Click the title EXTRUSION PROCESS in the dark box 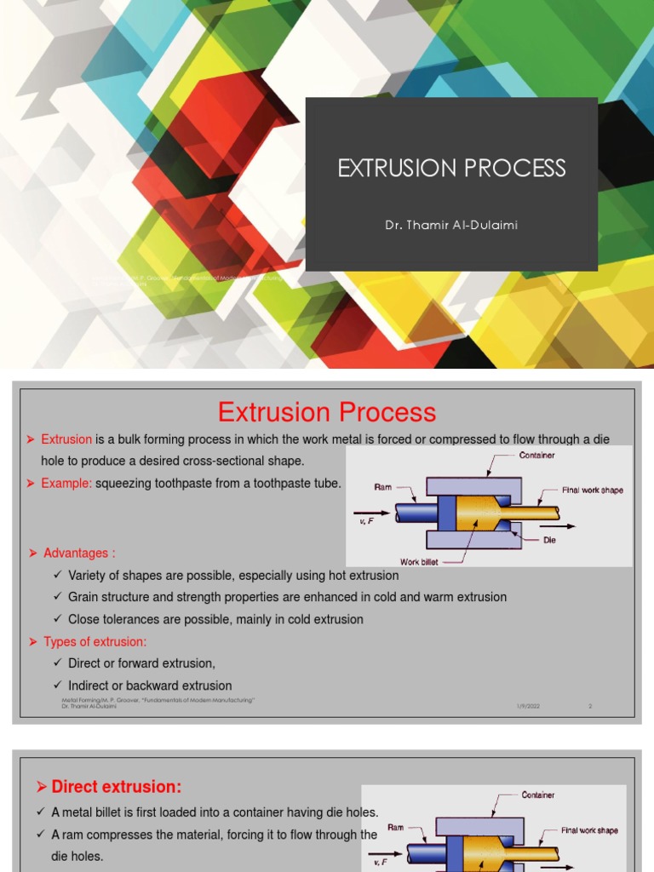pyautogui.click(x=451, y=168)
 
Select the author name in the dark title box pyautogui.click(x=451, y=226)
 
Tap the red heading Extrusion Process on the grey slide pyautogui.click(x=327, y=412)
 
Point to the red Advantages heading pyautogui.click(x=78, y=553)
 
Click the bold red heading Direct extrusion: pyautogui.click(x=117, y=787)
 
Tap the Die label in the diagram pyautogui.click(x=549, y=540)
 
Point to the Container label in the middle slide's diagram pyautogui.click(x=536, y=456)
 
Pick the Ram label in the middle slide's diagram pyautogui.click(x=382, y=487)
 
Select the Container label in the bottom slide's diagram pyautogui.click(x=538, y=795)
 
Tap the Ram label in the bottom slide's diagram pyautogui.click(x=395, y=827)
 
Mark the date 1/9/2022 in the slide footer pyautogui.click(x=528, y=706)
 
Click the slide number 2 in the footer pyautogui.click(x=589, y=706)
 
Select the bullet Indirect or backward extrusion pyautogui.click(x=150, y=686)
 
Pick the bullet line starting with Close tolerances pyautogui.click(x=215, y=619)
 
